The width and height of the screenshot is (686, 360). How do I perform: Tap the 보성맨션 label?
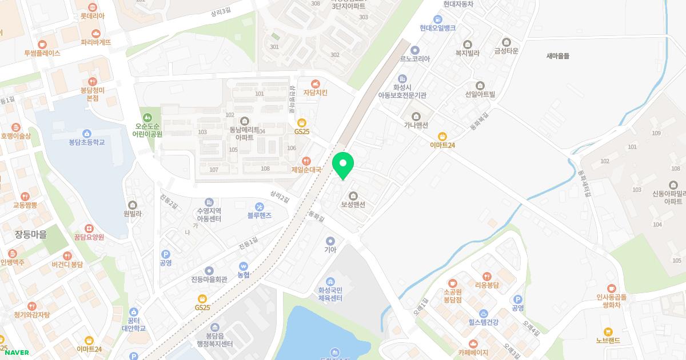click(x=353, y=205)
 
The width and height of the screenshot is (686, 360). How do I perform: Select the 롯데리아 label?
click(x=92, y=16)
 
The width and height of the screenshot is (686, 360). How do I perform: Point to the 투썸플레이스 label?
click(x=42, y=53)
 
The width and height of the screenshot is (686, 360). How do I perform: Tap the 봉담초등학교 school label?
click(x=87, y=142)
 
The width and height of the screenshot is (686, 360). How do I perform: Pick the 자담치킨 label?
click(x=315, y=93)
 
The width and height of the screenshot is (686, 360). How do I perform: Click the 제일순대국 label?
click(x=306, y=170)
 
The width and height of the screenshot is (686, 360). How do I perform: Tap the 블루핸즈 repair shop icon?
click(x=260, y=206)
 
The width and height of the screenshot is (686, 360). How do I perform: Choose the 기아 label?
click(x=330, y=250)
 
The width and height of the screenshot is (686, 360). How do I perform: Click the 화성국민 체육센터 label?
click(x=330, y=294)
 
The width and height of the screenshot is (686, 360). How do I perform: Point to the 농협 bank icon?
click(x=244, y=266)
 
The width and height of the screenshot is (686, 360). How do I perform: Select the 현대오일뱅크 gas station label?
click(x=437, y=28)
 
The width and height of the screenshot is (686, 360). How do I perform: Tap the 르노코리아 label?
click(x=414, y=58)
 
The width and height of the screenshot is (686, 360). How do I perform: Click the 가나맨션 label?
click(x=416, y=125)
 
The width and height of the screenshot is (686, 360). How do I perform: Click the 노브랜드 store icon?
click(x=608, y=331)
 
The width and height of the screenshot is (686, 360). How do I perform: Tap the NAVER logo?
click(x=15, y=353)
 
